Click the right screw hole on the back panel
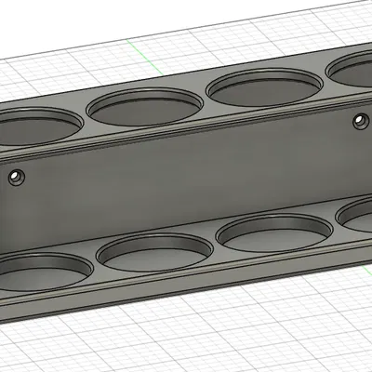359,119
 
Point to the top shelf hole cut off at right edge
353,70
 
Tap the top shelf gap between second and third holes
205,102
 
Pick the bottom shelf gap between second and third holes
213,247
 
